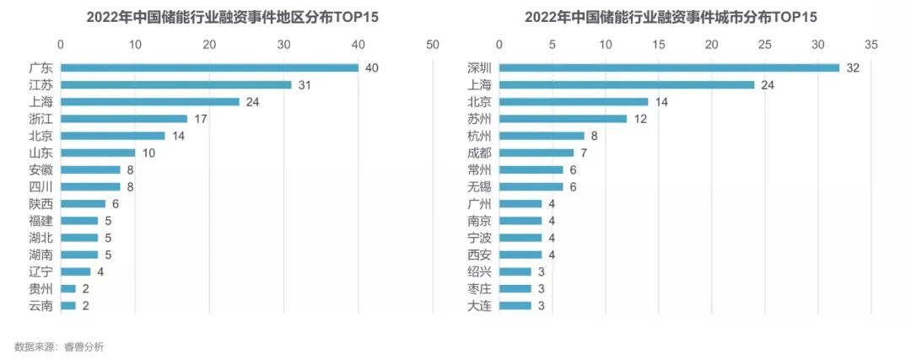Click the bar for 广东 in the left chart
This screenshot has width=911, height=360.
coord(209,67)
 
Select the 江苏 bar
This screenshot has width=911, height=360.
coord(175,84)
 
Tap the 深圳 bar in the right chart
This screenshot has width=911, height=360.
coord(669,67)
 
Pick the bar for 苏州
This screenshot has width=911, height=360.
coord(563,118)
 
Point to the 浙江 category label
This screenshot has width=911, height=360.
coord(40,119)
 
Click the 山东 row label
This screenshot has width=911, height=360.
coord(40,153)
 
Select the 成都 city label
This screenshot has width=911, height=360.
coord(479,153)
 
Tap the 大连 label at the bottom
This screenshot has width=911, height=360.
coord(479,305)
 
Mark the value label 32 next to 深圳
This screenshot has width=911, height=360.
coord(852,67)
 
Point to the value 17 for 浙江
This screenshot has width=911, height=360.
coord(201,119)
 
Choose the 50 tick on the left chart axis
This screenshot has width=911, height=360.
coord(434,44)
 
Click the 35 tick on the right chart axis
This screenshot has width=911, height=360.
coord(871,44)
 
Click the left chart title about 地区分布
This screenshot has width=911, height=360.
coord(234,17)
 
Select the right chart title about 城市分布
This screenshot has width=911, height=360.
coord(672,17)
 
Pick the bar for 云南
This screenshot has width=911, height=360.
coord(67,305)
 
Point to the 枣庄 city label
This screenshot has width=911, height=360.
coord(479,288)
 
